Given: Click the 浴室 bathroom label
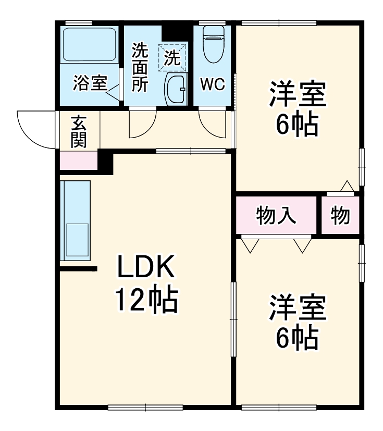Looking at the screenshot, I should (90, 84).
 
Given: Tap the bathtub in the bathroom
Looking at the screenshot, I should (89, 45).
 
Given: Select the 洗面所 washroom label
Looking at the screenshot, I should (139, 68).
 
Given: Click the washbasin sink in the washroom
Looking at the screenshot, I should (176, 90).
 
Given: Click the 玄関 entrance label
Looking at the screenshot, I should (79, 132).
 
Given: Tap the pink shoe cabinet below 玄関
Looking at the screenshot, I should (79, 161).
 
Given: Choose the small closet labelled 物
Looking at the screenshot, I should (340, 215).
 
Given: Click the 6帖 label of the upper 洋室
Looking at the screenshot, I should (297, 125).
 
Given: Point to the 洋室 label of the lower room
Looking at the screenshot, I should (297, 310).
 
